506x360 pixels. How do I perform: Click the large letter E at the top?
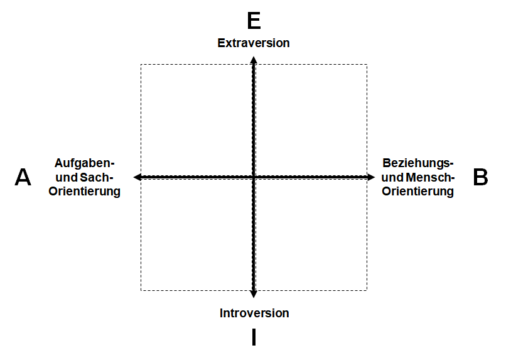tap(254, 21)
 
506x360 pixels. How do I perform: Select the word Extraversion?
tap(254, 43)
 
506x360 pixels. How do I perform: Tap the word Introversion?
tap(254, 313)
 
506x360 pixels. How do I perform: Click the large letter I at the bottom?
tap(254, 337)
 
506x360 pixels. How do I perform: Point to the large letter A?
tap(23, 177)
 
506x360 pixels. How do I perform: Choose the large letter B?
tap(480, 177)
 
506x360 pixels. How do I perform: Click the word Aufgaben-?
tap(85, 163)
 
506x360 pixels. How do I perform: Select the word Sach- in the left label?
tap(97, 177)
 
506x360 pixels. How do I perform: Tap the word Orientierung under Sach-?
tap(85, 191)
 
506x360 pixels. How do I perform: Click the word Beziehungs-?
tap(418, 163)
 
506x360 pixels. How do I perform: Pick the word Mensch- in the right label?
tap(430, 177)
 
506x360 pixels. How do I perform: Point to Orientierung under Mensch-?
tap(418, 191)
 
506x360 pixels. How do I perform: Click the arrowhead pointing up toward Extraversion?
tap(254, 60)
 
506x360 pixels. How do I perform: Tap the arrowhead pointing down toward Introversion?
tap(254, 294)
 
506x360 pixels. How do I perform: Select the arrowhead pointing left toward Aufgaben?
tap(137, 177)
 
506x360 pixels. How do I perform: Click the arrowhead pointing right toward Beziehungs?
tap(371, 177)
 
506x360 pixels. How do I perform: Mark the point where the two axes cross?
tap(254, 177)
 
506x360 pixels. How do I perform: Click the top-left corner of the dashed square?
tap(141, 65)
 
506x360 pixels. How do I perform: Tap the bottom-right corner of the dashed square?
tap(367, 290)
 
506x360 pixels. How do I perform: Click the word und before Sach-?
tap(67, 177)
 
